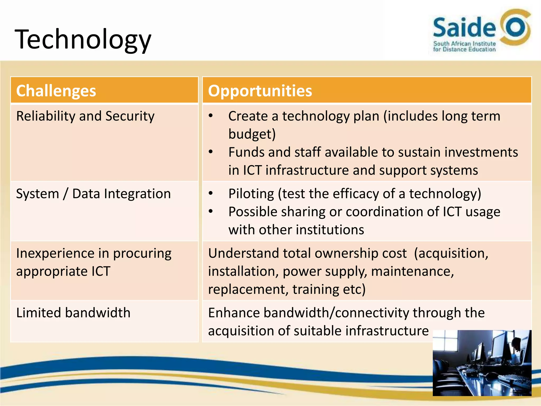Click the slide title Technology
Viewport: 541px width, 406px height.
coord(83,40)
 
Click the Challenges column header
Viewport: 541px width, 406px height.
coord(56,91)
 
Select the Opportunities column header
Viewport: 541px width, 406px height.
coord(260,91)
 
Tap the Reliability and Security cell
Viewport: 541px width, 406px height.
coord(85,116)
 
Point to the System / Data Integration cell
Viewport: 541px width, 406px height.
coord(93,194)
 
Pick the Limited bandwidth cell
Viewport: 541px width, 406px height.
coord(73,313)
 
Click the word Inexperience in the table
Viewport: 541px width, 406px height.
coord(55,253)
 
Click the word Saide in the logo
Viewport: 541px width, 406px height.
coord(464,27)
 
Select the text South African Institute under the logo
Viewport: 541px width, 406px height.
coord(464,44)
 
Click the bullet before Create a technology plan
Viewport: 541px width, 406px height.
coord(211,116)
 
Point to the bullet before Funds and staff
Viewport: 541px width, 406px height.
coord(211,152)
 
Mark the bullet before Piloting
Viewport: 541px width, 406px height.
coord(211,193)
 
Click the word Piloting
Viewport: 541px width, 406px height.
coord(251,194)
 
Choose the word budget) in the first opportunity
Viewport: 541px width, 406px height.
coord(252,134)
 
